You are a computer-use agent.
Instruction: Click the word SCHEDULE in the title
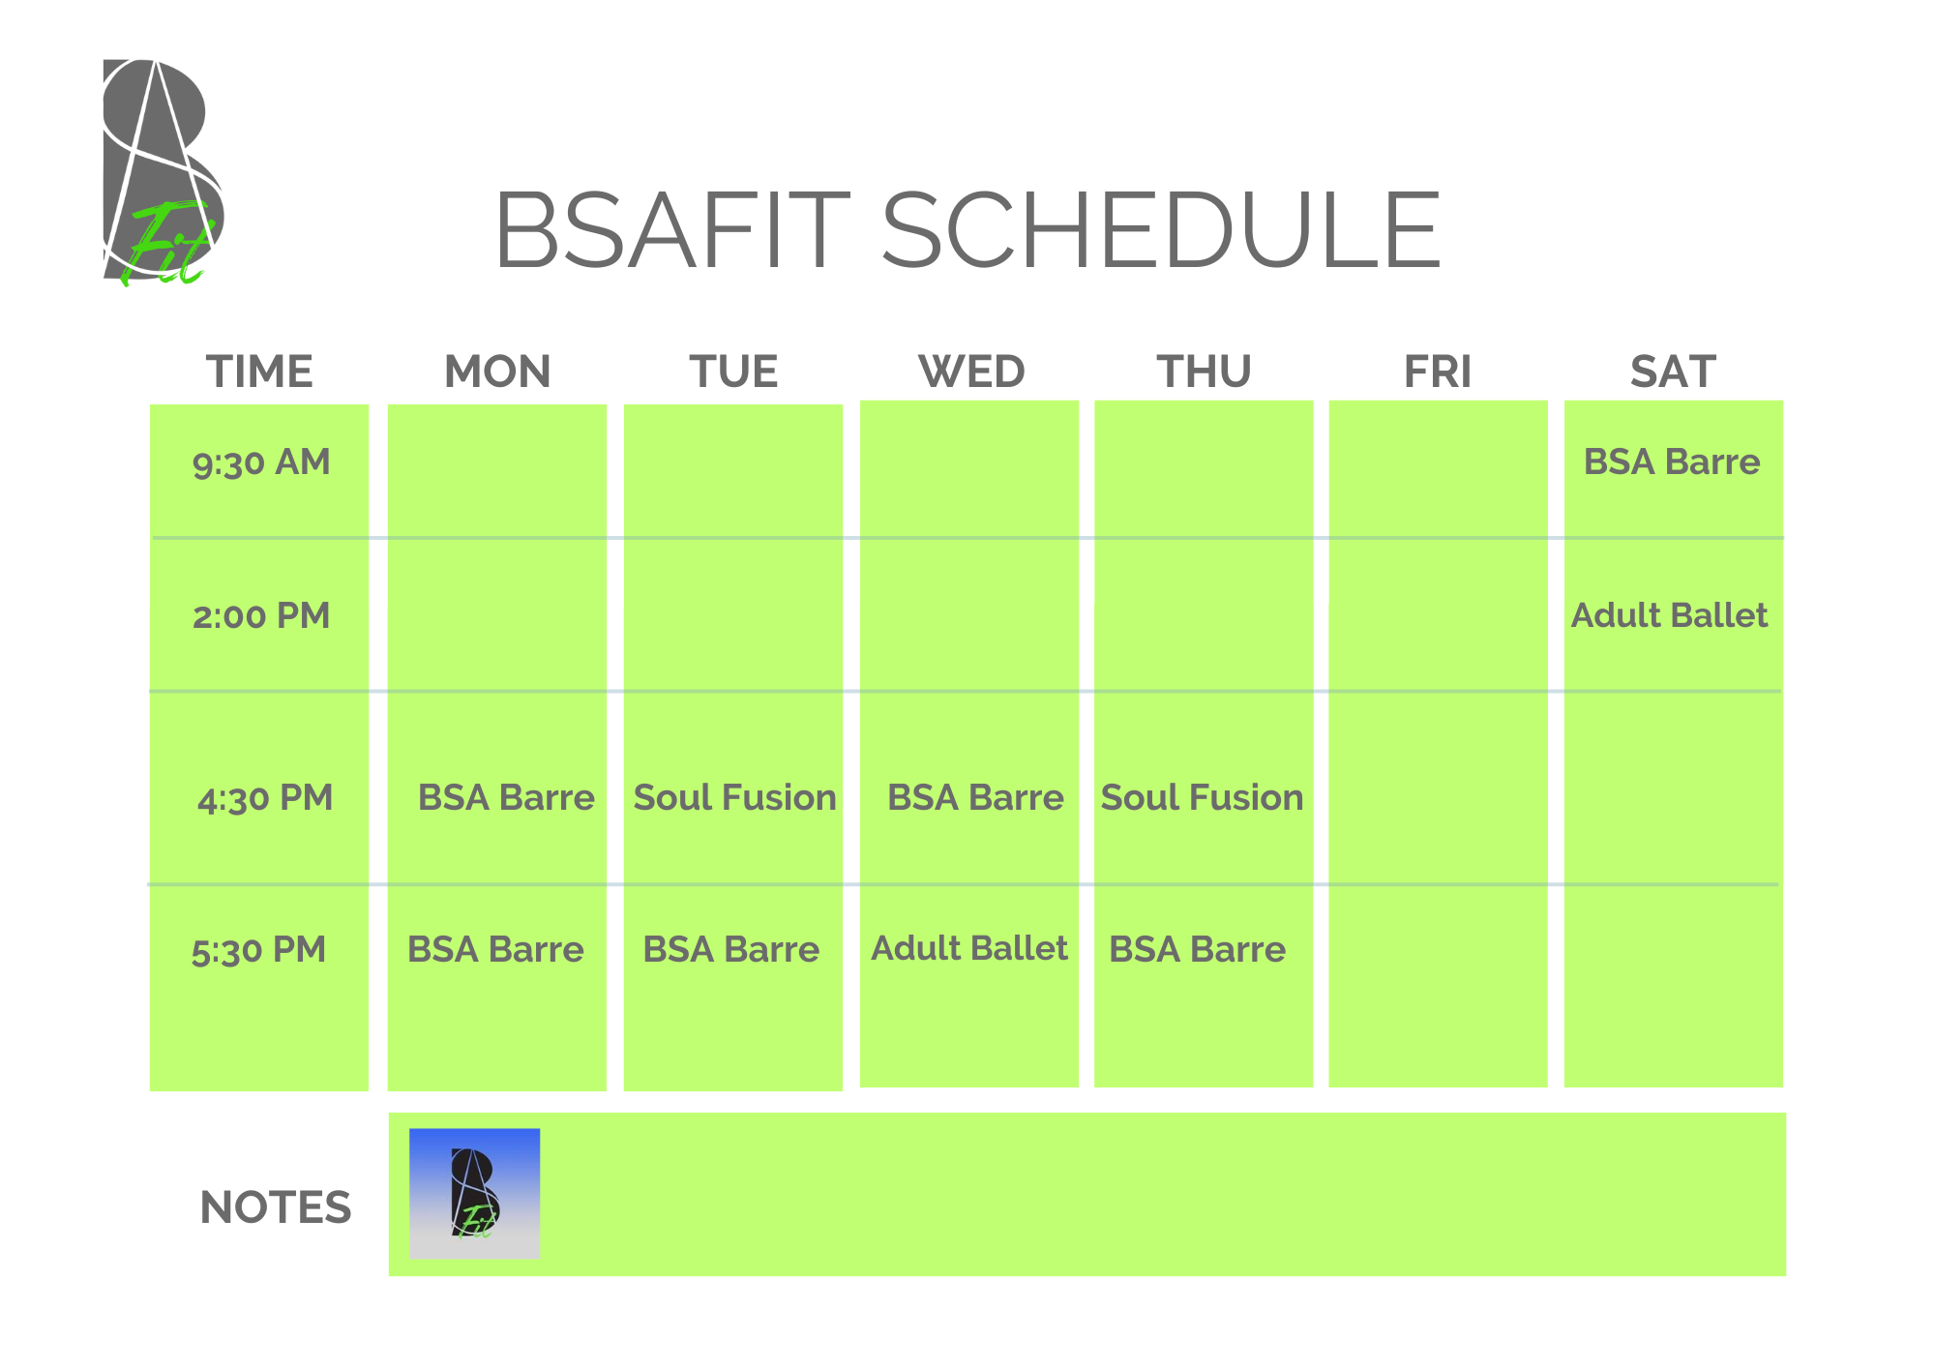click(x=1161, y=229)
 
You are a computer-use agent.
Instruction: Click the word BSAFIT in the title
click(x=672, y=229)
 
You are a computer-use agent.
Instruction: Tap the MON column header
click(x=497, y=372)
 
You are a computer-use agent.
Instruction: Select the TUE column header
click(x=733, y=372)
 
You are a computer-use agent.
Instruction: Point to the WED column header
click(x=971, y=372)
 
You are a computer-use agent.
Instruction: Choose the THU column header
click(x=1205, y=372)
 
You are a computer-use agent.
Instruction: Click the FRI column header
click(x=1438, y=372)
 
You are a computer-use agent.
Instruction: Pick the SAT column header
click(x=1673, y=372)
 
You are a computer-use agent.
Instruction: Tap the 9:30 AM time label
click(x=261, y=462)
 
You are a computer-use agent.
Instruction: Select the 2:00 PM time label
click(x=261, y=615)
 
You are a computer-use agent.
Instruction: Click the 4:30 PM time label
click(x=265, y=798)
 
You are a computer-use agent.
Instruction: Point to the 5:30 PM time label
click(x=258, y=950)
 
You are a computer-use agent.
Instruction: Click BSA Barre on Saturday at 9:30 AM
click(x=1672, y=461)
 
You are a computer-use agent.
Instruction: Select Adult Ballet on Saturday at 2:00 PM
click(x=1669, y=615)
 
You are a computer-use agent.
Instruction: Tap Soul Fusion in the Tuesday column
click(x=734, y=797)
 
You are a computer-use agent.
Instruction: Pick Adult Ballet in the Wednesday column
click(x=969, y=948)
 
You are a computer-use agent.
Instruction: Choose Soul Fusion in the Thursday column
click(x=1202, y=797)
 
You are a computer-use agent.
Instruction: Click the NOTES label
click(x=276, y=1207)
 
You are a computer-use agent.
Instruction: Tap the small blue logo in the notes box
click(x=474, y=1193)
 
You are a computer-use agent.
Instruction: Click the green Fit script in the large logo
click(x=166, y=244)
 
